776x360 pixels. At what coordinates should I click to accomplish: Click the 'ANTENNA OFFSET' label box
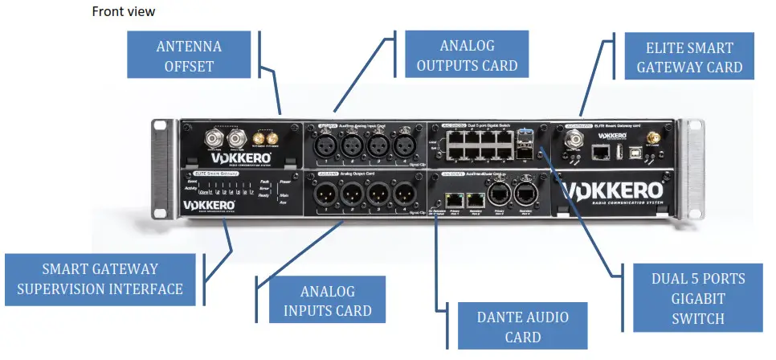(x=189, y=55)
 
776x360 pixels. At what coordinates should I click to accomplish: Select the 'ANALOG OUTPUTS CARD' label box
(x=467, y=55)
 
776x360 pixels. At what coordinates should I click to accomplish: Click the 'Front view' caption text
(x=124, y=12)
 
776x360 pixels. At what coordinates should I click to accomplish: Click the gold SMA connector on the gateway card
(x=653, y=139)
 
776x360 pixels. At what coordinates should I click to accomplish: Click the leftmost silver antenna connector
(x=214, y=140)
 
